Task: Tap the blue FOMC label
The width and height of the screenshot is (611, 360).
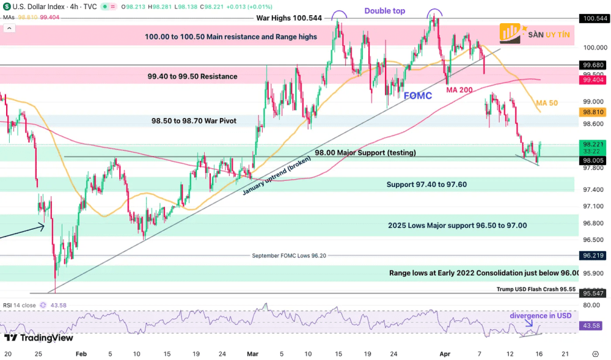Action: pyautogui.click(x=418, y=95)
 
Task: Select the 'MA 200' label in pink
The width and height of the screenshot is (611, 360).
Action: pyautogui.click(x=460, y=90)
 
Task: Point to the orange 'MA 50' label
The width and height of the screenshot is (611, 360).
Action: pyautogui.click(x=546, y=103)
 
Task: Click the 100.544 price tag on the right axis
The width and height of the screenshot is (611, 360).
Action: pyautogui.click(x=595, y=18)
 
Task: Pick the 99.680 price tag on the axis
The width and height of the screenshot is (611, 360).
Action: pyautogui.click(x=595, y=65)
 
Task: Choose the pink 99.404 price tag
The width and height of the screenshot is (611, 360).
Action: pyautogui.click(x=595, y=80)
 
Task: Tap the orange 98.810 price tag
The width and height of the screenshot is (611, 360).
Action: pyautogui.click(x=595, y=112)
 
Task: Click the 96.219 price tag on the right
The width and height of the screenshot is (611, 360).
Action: pyautogui.click(x=595, y=255)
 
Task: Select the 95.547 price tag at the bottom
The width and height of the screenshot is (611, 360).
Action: pyautogui.click(x=595, y=293)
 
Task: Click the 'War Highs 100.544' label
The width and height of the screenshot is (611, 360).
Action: pyautogui.click(x=289, y=18)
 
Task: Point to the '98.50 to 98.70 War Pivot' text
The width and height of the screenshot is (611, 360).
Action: pyautogui.click(x=194, y=121)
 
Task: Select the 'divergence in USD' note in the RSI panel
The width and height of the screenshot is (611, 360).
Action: pyautogui.click(x=540, y=315)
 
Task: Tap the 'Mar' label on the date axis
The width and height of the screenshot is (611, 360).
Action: pyautogui.click(x=253, y=353)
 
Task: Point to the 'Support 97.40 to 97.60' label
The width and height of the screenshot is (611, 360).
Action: pyautogui.click(x=426, y=184)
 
